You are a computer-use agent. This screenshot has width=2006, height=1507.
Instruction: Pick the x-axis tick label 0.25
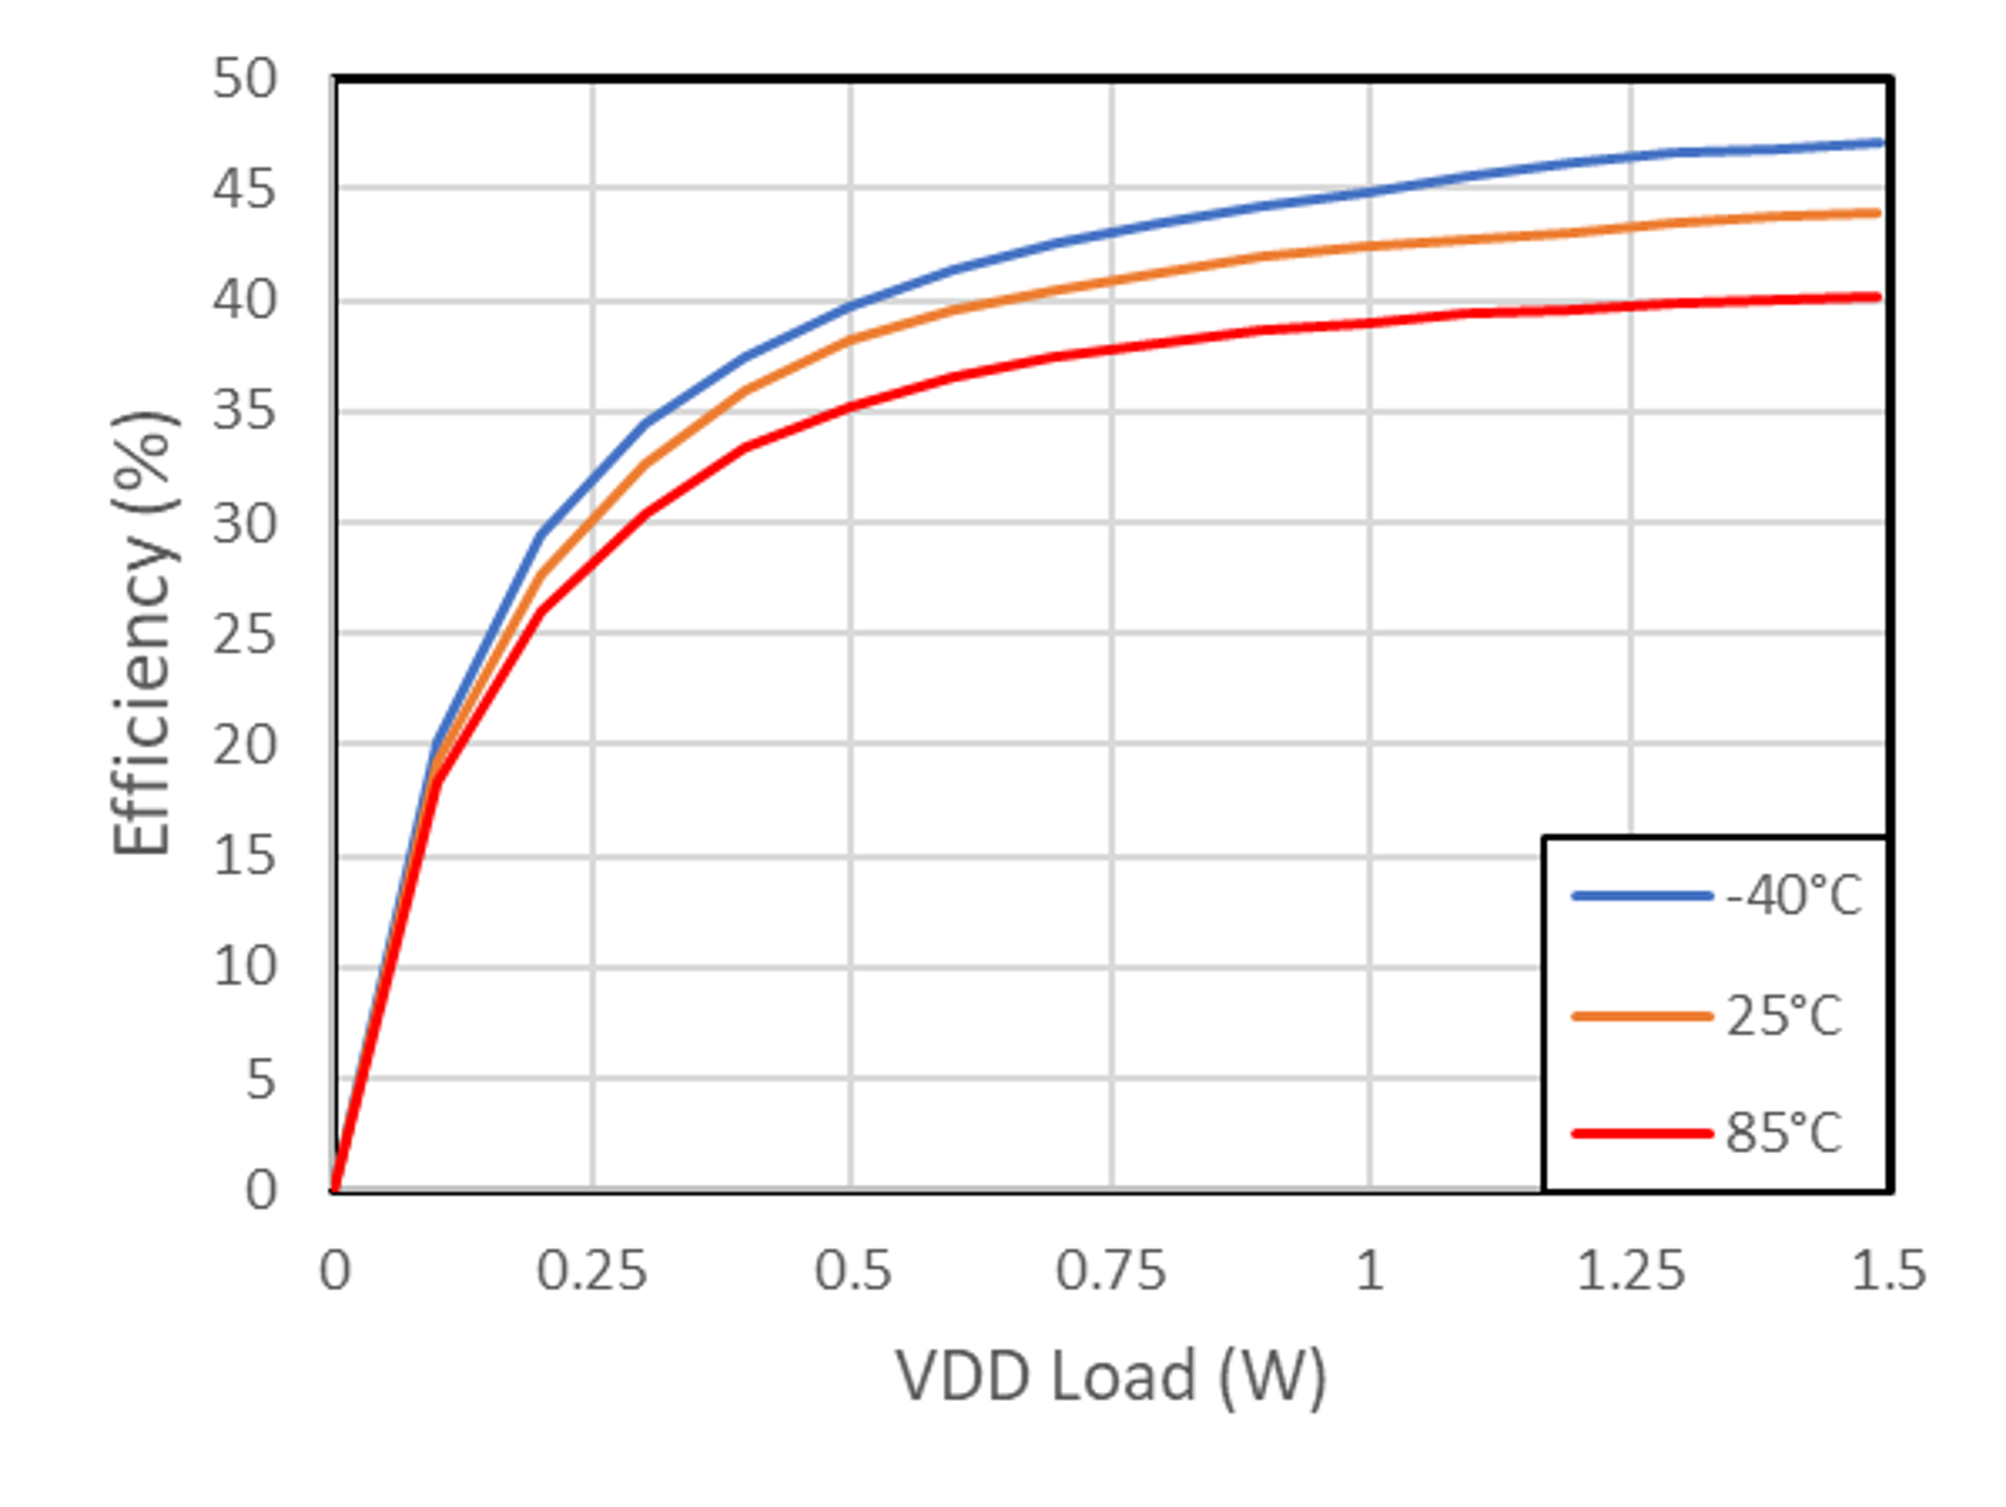592,1271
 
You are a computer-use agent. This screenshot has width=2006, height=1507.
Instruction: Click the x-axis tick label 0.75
1111,1271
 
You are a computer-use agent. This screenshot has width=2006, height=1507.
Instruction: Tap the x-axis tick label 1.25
1631,1271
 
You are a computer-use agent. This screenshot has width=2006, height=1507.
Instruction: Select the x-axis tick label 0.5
852,1271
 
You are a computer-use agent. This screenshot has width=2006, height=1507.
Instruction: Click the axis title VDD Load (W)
1111,1376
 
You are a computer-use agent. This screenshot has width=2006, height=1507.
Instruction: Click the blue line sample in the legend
1641,896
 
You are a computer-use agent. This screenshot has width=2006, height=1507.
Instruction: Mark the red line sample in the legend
1641,1134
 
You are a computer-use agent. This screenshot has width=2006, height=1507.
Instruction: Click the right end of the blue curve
1880,142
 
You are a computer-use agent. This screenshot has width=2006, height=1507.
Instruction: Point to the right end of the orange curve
1877,213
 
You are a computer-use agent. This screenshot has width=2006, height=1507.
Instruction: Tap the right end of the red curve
1877,296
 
